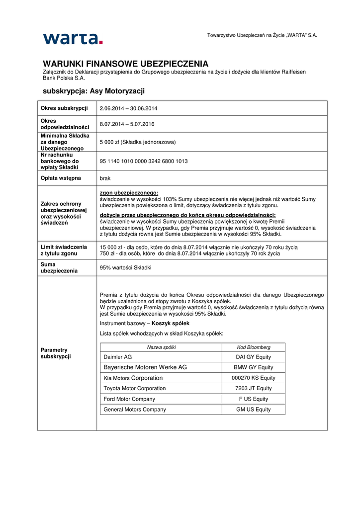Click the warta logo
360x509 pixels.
click(x=73, y=38)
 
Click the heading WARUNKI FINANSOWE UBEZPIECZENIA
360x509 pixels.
click(x=125, y=64)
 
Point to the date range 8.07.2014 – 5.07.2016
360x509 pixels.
click(x=127, y=124)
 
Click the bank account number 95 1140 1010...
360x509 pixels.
click(x=144, y=161)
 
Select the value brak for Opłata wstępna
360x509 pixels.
click(x=105, y=178)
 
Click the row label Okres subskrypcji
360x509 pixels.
click(x=64, y=108)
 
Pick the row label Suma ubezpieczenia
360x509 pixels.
click(x=59, y=267)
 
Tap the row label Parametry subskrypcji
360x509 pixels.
click(x=56, y=353)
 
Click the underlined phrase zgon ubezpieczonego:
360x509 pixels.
click(x=129, y=193)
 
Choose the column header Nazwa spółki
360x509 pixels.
click(x=161, y=347)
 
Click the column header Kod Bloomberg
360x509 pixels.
click(x=253, y=347)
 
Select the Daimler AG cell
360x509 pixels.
click(x=117, y=357)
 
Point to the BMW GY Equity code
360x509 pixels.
click(x=253, y=367)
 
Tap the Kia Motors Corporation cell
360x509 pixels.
click(x=133, y=378)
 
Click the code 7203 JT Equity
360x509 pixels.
click(x=253, y=388)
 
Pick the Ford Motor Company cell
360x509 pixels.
click(x=129, y=399)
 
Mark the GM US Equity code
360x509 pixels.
click(x=253, y=409)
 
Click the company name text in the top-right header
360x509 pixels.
click(x=262, y=35)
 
